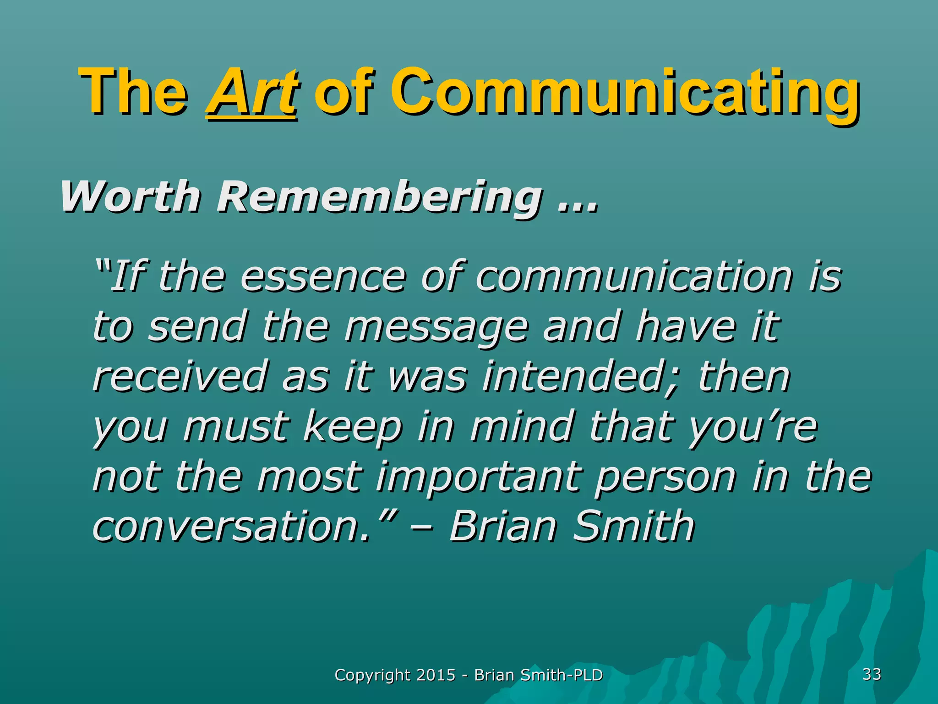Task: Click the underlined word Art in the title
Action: pyautogui.click(x=252, y=92)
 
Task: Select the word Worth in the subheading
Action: pyautogui.click(x=130, y=197)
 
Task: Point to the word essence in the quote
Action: pyautogui.click(x=322, y=277)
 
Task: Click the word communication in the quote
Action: pyautogui.click(x=634, y=277)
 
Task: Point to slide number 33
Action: pyautogui.click(x=872, y=674)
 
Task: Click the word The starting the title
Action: pyautogui.click(x=133, y=92)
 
